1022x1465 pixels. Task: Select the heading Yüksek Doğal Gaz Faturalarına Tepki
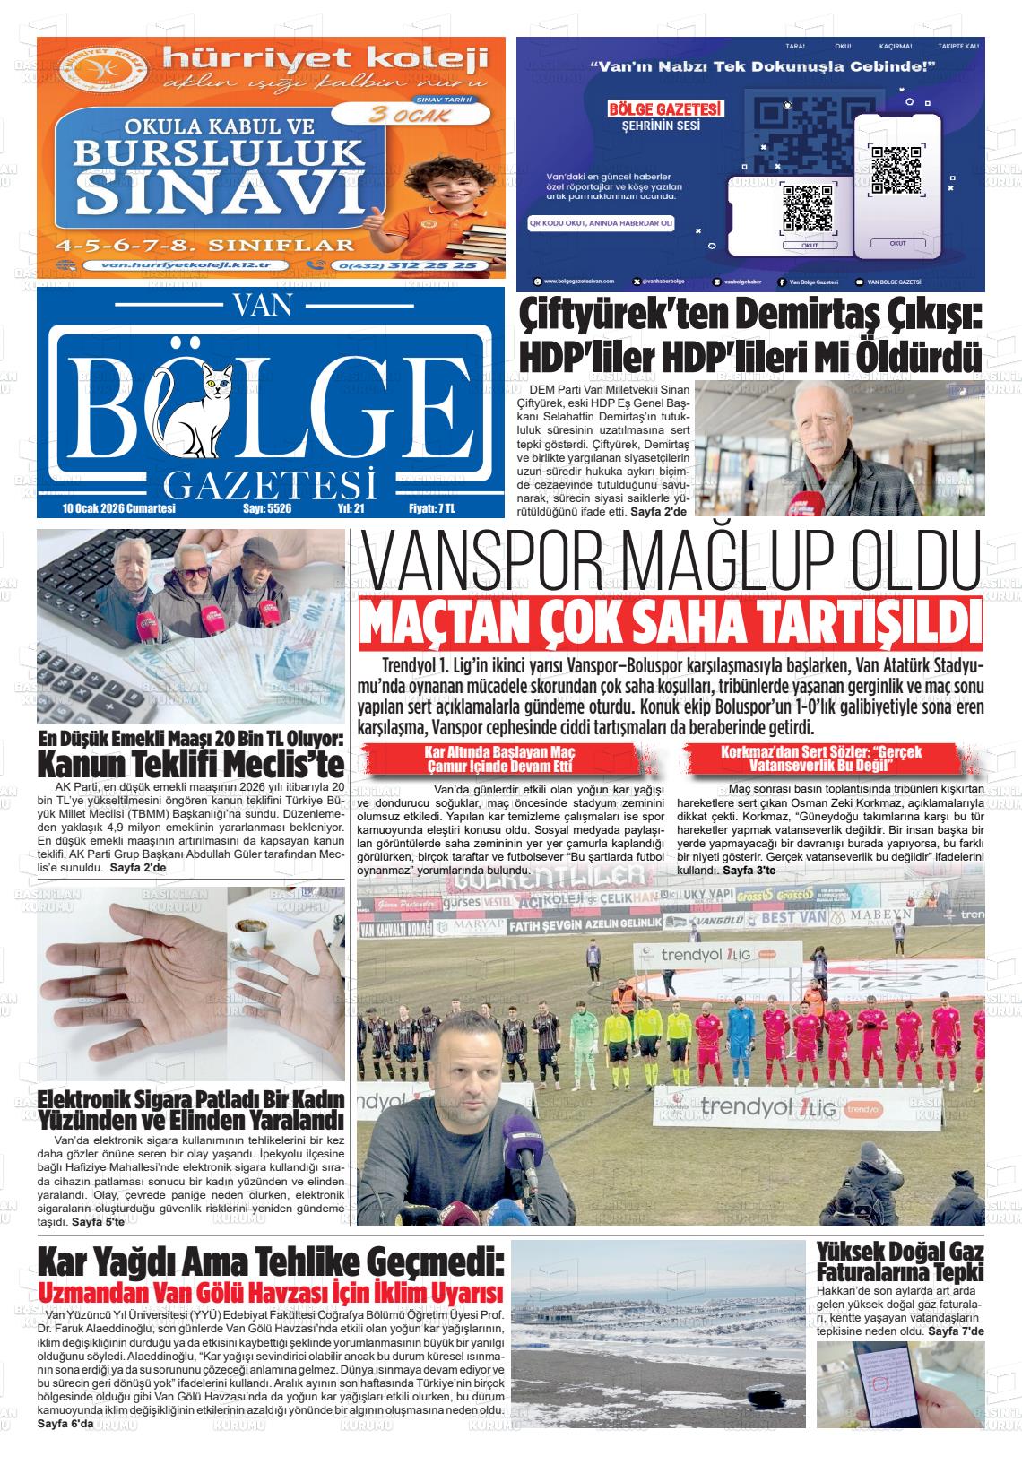[x=900, y=1261]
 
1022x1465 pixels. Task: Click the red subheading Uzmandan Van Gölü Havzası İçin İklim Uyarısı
[x=269, y=1295]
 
